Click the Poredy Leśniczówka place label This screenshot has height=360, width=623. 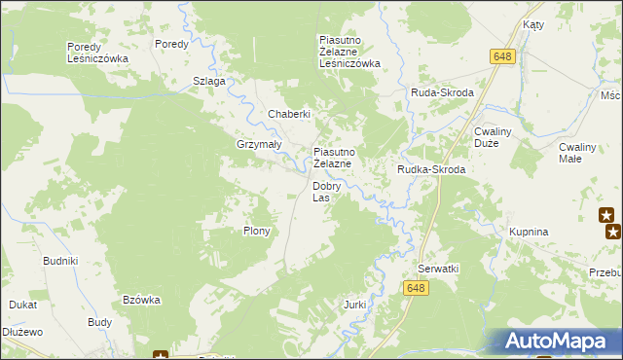pyautogui.click(x=97, y=53)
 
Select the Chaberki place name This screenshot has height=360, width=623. pyautogui.click(x=289, y=114)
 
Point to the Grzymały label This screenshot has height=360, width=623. pyautogui.click(x=258, y=144)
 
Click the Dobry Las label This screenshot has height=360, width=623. pyautogui.click(x=326, y=192)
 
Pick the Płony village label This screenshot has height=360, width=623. pyautogui.click(x=256, y=232)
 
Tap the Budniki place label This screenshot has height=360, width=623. pyautogui.click(x=60, y=261)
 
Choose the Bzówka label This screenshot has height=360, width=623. pyautogui.click(x=141, y=300)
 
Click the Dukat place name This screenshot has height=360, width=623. pyautogui.click(x=23, y=304)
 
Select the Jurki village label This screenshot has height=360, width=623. pyautogui.click(x=354, y=305)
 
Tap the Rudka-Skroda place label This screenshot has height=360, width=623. pyautogui.click(x=431, y=169)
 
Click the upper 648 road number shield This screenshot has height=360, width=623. pyautogui.click(x=502, y=57)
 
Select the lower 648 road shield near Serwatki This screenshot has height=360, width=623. pyautogui.click(x=417, y=287)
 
